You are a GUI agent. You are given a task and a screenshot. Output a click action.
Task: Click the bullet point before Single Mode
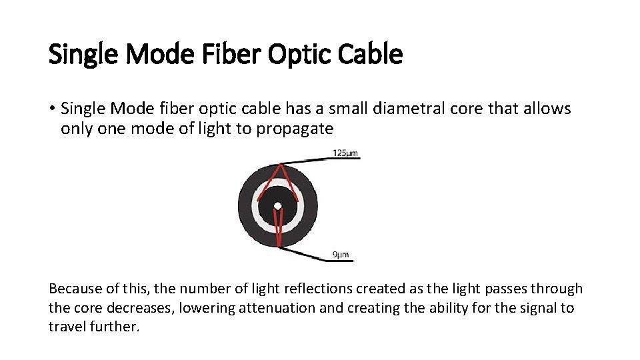52,109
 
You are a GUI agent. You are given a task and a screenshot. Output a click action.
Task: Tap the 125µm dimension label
345,153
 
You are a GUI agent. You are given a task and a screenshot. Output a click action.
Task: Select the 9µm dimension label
340,255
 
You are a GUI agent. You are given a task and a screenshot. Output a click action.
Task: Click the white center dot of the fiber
278,205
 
